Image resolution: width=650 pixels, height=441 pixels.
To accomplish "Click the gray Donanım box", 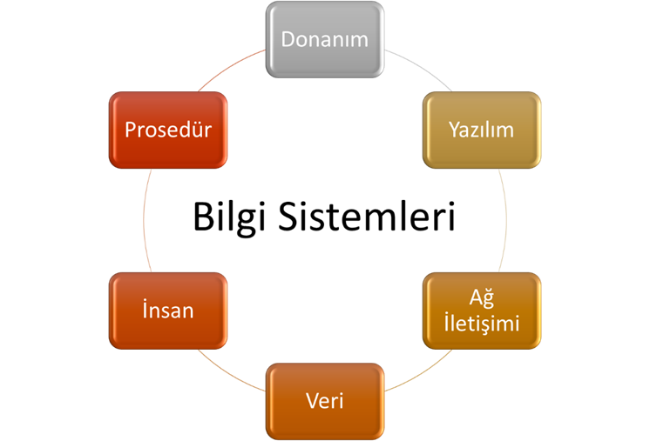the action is pos(325,39).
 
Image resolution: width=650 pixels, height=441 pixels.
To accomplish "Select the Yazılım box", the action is pos(482,130).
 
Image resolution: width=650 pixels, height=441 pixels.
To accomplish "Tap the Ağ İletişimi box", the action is pos(482,311).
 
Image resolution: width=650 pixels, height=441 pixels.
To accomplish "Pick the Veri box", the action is pos(325,401).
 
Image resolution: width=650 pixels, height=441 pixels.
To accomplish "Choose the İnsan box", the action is pos(168,311).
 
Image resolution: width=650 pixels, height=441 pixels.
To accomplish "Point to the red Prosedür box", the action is pos(168,130).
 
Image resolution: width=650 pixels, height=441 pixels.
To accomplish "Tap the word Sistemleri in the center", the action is pos(367,216).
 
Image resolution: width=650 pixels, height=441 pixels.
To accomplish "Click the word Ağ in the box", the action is pos(482,298).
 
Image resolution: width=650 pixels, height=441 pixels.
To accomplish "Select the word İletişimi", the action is pos(482,323).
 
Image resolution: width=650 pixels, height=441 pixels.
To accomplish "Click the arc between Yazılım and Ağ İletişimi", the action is pos(506,220).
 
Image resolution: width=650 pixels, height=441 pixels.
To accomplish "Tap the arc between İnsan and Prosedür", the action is pos(144,220).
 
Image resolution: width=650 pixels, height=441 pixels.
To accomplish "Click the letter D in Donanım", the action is pos(288,40).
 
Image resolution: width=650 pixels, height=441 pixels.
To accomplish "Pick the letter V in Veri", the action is pos(313,401).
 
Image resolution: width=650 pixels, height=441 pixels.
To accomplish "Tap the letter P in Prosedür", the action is pos(131,130).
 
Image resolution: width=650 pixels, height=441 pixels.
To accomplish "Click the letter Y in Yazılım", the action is pos(455,130).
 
